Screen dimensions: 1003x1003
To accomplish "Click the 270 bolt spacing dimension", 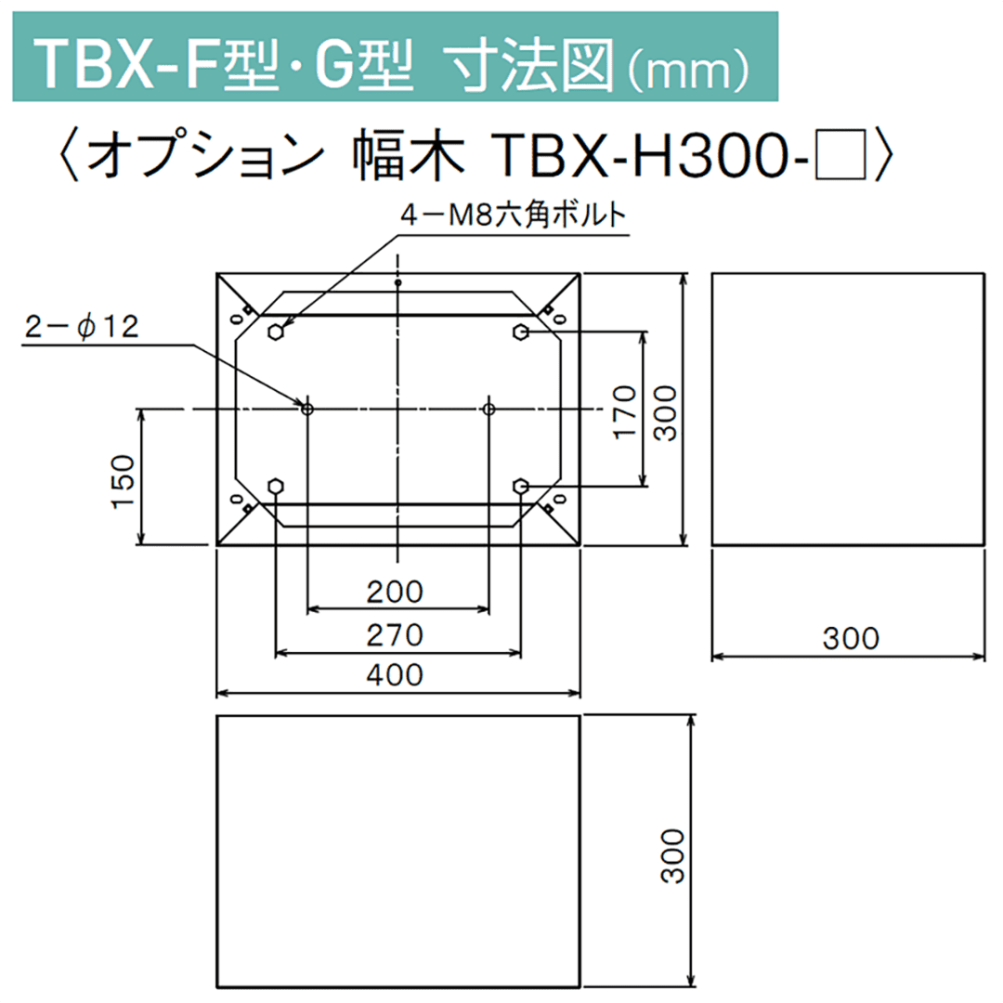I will tap(397, 635).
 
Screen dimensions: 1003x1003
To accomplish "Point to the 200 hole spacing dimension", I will tap(397, 592).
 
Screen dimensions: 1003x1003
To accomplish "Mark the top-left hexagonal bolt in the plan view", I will tap(276, 332).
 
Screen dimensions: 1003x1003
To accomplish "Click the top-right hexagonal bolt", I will tap(521, 332).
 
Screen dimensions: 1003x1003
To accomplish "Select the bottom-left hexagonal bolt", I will tap(276, 486).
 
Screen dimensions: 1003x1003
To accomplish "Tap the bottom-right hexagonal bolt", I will tap(521, 486).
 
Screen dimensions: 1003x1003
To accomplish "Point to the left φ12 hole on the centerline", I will tap(307, 409).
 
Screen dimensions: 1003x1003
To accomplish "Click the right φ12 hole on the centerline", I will tap(489, 409).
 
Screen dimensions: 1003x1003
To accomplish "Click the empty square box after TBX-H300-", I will tap(840, 153).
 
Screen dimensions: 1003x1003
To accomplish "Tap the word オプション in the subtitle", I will tap(209, 153).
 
